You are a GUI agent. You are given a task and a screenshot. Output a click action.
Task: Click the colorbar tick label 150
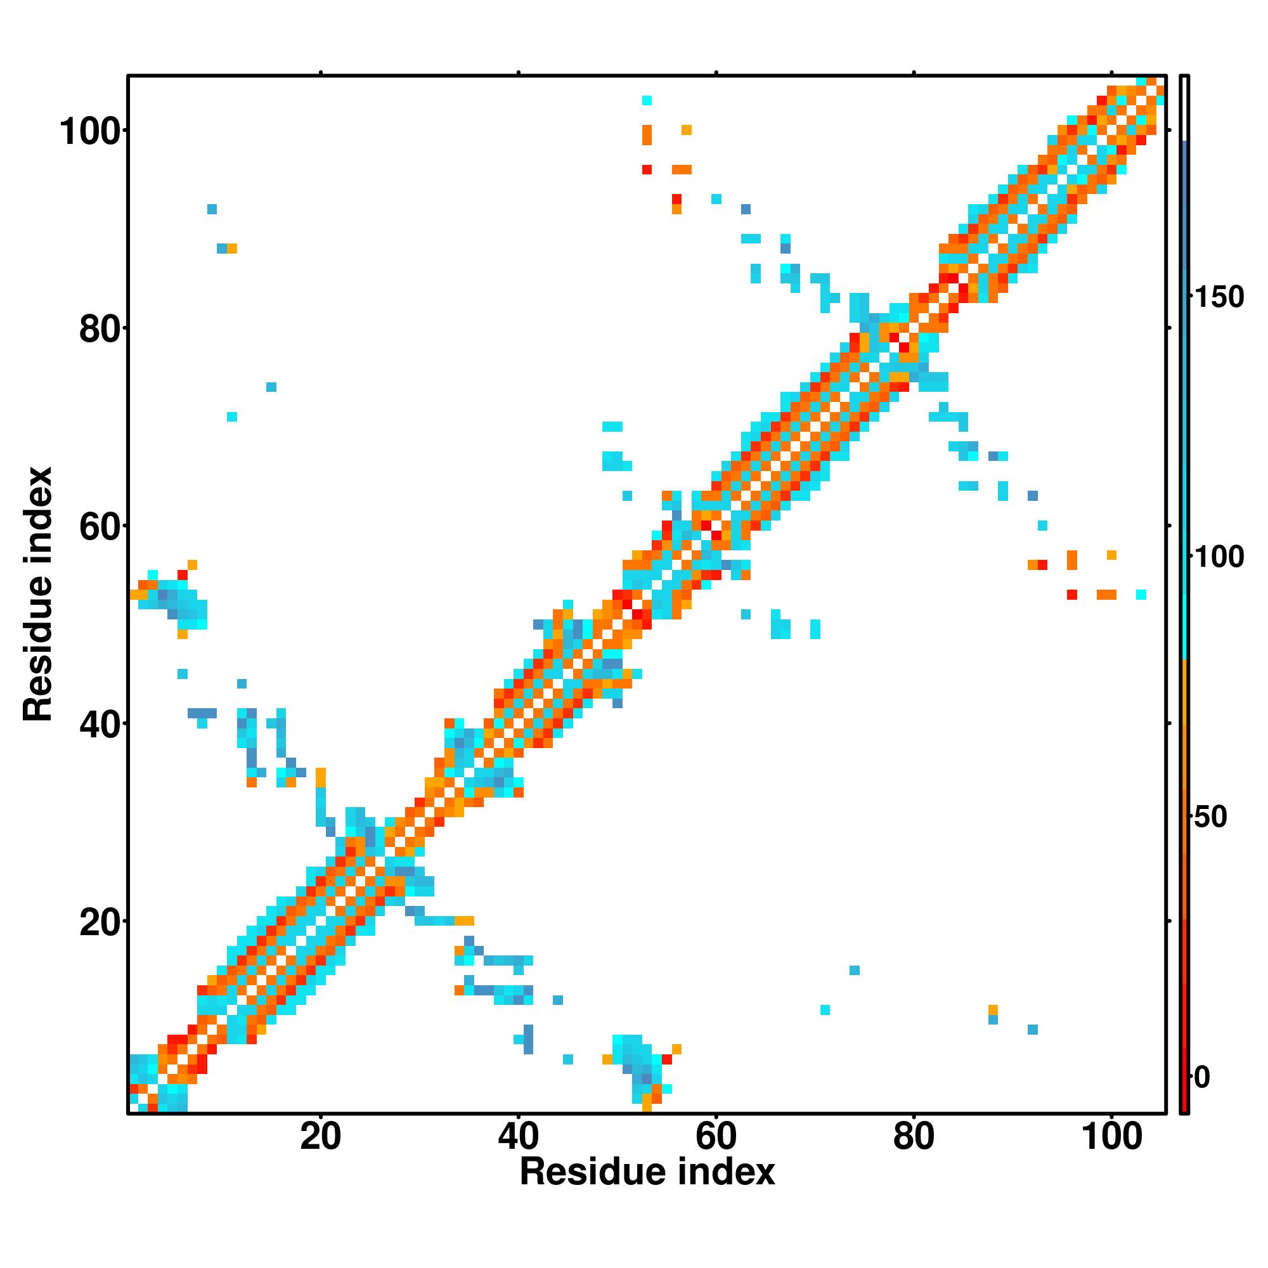[1219, 297]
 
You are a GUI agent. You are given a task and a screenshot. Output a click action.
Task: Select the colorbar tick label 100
[1219, 557]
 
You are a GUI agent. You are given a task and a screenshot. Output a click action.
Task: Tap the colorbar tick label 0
[1202, 1077]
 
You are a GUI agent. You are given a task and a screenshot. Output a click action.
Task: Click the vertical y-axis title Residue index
[37, 594]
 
